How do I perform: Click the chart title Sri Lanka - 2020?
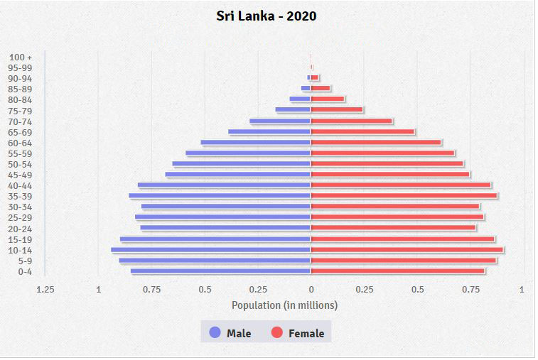267,16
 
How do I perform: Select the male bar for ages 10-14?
210,250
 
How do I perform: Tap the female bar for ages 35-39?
404,196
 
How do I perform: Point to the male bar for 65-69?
269,131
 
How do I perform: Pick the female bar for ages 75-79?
337,110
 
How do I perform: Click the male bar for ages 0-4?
220,271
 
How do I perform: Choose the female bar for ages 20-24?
393,228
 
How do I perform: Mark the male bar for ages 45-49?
238,175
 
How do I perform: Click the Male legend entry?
230,333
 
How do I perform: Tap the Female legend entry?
297,333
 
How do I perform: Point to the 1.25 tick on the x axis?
45,290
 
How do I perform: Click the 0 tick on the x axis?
311,290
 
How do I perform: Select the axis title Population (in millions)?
284,305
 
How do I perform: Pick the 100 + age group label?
21,57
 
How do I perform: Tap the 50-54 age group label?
21,164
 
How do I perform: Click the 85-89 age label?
21,89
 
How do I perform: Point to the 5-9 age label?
25,261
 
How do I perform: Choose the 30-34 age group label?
21,207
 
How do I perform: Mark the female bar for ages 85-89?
321,89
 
